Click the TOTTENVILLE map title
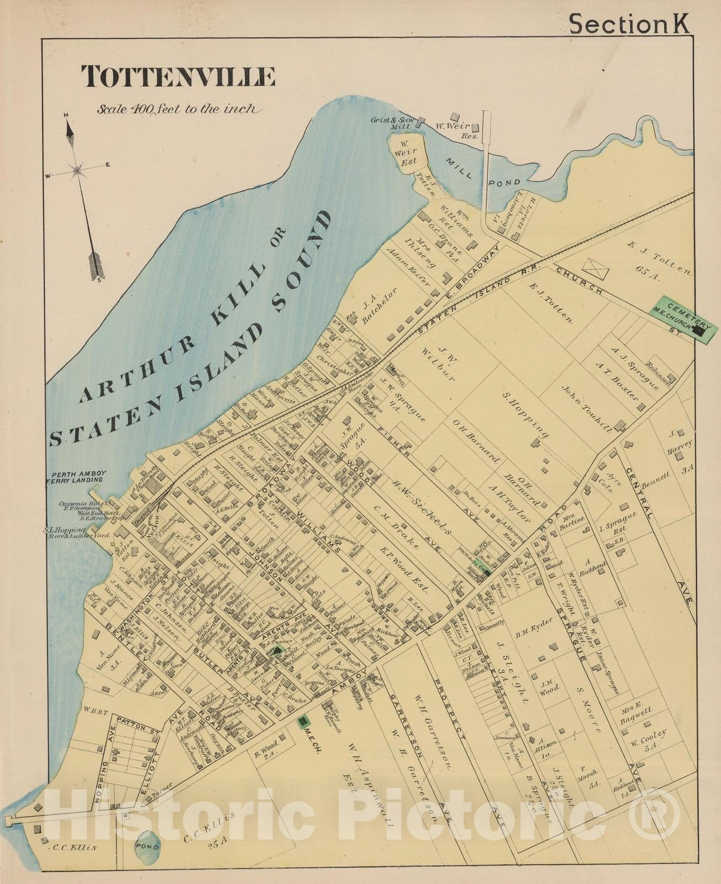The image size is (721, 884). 178,77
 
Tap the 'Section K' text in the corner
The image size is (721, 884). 629,24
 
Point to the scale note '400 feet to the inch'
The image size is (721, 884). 177,109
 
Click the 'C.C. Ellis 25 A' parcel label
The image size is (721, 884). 211,827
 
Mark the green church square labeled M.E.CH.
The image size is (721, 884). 303,721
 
